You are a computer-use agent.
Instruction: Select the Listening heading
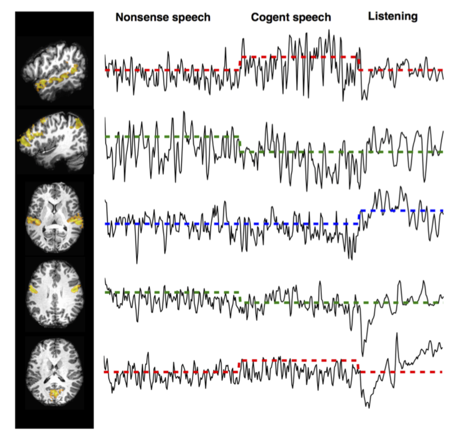(393, 16)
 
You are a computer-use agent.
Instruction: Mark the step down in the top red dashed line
(359, 63)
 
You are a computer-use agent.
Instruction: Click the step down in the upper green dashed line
(240, 144)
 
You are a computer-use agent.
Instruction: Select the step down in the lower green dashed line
(240, 297)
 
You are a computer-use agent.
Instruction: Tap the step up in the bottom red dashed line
(240, 366)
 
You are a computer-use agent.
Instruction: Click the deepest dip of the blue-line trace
(137, 263)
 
